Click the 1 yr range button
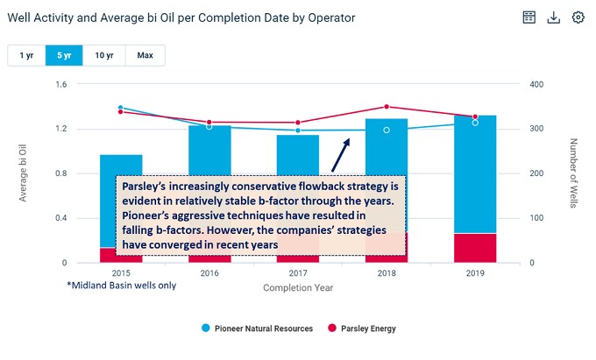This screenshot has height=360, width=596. coord(26,55)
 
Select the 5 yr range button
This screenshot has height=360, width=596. coord(66,55)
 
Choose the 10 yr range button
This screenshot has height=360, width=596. coord(104,55)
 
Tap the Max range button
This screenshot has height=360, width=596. coord(145,55)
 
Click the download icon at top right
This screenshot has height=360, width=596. coord(553,18)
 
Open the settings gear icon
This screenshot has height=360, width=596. coord(578,18)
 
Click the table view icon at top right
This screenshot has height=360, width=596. coord(529,18)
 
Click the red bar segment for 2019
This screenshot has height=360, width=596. coord(475,247)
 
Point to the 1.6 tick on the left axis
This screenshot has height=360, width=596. coord(60,85)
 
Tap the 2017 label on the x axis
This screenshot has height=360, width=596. coord(298,274)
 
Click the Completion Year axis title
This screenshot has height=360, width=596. coord(298,286)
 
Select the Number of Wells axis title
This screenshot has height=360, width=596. coord(574,173)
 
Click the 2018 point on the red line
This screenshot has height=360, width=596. coord(387,107)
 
